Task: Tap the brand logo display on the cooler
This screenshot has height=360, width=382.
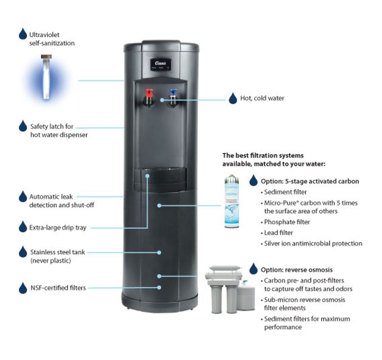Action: [160, 64]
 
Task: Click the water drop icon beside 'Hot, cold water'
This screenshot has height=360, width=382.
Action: [233, 98]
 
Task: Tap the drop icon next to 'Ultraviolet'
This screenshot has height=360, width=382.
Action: [23, 34]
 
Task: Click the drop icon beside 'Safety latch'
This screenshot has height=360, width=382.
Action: [23, 126]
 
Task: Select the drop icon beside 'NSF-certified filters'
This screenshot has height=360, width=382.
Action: [23, 288]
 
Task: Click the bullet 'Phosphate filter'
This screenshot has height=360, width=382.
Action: [287, 222]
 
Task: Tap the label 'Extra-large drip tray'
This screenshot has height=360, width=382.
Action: [58, 228]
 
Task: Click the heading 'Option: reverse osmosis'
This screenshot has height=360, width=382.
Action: [297, 270]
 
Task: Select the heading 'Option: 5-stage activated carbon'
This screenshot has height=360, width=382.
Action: [310, 181]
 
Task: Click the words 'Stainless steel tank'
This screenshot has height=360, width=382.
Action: [58, 252]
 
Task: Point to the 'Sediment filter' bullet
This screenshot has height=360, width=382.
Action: [285, 192]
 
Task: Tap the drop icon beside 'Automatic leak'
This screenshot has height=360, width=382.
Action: [23, 197]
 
